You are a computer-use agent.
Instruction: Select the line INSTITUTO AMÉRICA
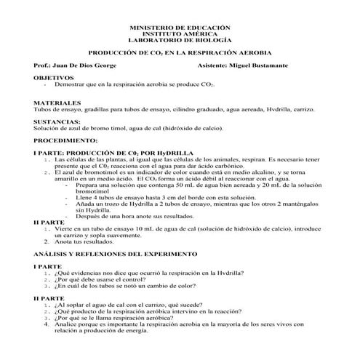(x=179, y=33)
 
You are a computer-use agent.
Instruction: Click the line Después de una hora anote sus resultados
(x=135, y=215)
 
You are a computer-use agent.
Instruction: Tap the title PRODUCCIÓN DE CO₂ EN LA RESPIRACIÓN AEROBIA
(x=179, y=53)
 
